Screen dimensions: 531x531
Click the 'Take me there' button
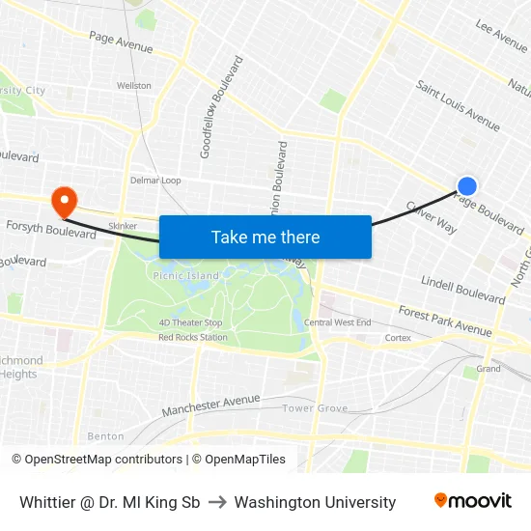[x=265, y=237]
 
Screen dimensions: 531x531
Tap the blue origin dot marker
[x=467, y=186]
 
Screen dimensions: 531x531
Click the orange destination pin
[x=65, y=201]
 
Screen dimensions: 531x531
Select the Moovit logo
[x=472, y=501]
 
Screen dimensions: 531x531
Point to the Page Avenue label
[x=121, y=42]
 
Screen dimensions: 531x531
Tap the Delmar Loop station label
[x=155, y=181]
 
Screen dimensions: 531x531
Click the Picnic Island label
[x=185, y=276]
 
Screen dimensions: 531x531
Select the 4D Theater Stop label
[x=191, y=323]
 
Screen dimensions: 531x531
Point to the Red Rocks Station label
[x=193, y=337]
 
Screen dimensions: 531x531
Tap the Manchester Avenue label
[x=210, y=405]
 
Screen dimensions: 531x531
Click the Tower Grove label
[x=315, y=408]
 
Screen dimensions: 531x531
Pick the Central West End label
[x=337, y=322]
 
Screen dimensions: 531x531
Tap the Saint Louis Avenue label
[x=458, y=105]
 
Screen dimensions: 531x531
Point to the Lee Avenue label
[x=501, y=36]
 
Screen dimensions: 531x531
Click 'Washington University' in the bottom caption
[x=315, y=502]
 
